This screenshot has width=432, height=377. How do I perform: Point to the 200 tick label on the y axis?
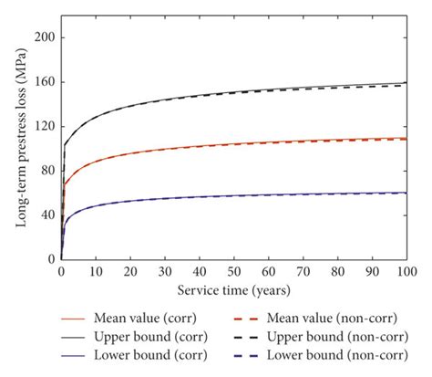click(43, 38)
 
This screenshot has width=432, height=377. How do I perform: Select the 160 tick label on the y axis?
click(43, 83)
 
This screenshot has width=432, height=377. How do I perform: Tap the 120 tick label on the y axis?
click(43, 127)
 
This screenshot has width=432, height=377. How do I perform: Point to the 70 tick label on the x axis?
click(303, 271)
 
